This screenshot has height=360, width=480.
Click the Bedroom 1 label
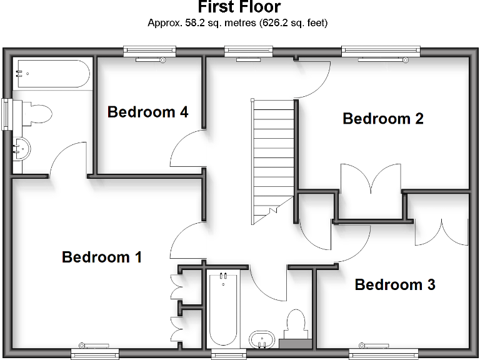[x=102, y=257]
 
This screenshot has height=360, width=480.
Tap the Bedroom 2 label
[x=382, y=118]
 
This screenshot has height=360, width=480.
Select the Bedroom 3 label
[x=394, y=285]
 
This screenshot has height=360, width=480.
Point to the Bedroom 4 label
[x=147, y=112]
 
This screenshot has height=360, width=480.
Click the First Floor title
[x=239, y=7]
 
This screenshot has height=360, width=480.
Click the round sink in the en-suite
[x=22, y=149]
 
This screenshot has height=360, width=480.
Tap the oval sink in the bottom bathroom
[x=262, y=341]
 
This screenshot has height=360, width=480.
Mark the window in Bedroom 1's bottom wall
[x=95, y=354]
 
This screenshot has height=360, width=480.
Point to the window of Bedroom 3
[x=374, y=354]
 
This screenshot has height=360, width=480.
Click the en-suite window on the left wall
[x=6, y=114]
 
